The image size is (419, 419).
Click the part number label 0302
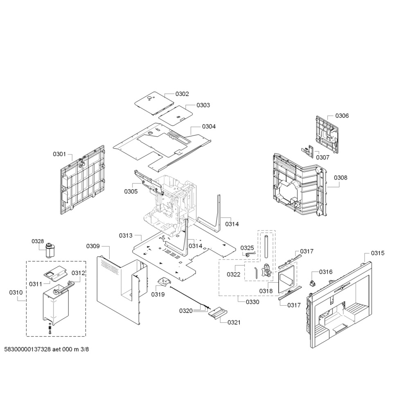182,94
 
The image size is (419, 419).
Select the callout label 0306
342,116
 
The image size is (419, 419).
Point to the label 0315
378,253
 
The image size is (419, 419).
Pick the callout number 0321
234,322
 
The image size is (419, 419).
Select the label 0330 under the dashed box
252,302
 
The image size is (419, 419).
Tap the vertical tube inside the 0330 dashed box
266,246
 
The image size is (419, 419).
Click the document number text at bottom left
47,349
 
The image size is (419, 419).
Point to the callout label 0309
93,246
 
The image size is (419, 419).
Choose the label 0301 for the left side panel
59,154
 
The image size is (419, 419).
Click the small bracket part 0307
307,151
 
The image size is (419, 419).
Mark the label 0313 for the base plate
126,235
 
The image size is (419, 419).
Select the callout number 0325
247,248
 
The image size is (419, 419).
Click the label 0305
131,191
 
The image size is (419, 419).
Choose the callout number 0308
341,178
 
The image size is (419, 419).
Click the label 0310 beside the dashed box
16,292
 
